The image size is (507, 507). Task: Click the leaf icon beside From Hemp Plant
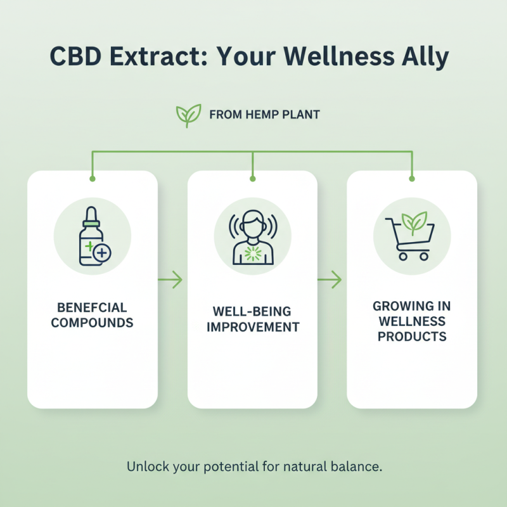tap(188, 115)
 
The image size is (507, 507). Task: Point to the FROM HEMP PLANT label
tap(264, 115)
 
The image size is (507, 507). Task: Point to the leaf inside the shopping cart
tap(416, 222)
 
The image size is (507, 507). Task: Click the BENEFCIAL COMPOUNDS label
tap(92, 315)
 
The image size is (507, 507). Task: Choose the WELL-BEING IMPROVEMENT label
tap(252, 320)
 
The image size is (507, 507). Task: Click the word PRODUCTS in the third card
tap(412, 336)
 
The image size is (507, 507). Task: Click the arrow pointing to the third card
tap(330, 279)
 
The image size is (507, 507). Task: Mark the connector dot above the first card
tap(93, 179)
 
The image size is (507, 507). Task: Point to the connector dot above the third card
tap(412, 179)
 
